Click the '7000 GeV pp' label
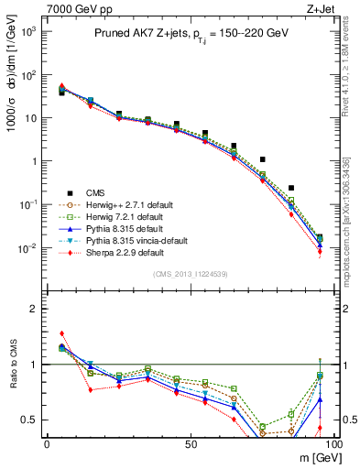click(72, 8)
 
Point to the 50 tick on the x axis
click(190, 442)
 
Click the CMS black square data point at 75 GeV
click(263, 159)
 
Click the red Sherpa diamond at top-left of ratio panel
click(61, 333)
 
